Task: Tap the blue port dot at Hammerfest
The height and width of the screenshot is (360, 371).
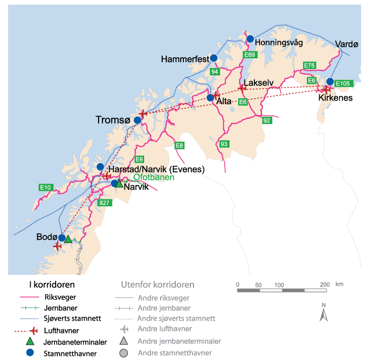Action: (x=214, y=58)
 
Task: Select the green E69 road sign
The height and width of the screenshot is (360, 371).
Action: (x=250, y=55)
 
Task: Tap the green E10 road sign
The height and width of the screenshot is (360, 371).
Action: (x=46, y=187)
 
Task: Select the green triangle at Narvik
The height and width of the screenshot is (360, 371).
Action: (x=119, y=183)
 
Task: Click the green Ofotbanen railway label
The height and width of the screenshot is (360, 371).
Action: (x=154, y=178)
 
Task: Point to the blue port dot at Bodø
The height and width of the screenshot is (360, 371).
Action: (x=62, y=238)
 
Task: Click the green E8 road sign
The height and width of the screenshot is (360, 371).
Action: (x=180, y=145)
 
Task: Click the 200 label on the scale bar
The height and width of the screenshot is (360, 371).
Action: (x=324, y=285)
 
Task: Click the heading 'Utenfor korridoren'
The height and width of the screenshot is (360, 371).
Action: (x=157, y=284)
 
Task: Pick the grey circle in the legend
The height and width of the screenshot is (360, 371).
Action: (x=123, y=353)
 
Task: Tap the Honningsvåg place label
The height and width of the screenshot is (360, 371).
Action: (x=278, y=42)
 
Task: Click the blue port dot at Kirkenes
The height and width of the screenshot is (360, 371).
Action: (x=330, y=82)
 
